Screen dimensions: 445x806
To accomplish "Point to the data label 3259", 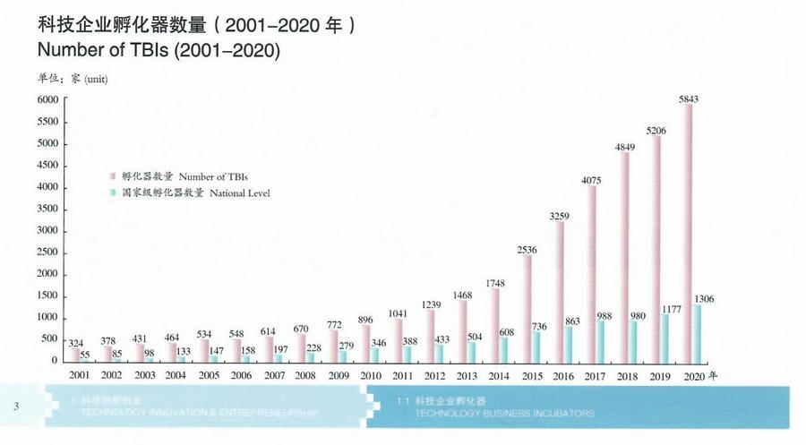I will click(x=558, y=216).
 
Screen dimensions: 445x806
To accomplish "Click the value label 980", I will click(x=637, y=313).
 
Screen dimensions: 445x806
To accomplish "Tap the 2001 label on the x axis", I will click(x=79, y=374).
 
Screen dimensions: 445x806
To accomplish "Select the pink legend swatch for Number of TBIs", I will click(x=114, y=176).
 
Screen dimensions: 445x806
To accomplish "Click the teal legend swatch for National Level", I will click(x=114, y=193).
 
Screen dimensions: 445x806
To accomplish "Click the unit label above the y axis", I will click(x=73, y=79).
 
